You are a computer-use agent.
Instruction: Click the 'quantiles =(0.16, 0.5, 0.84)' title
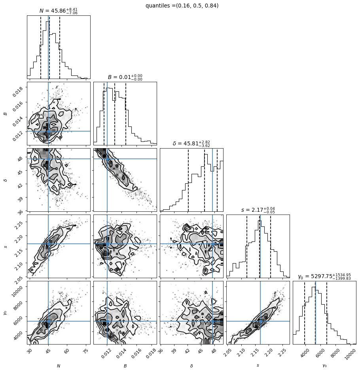click(x=182, y=6)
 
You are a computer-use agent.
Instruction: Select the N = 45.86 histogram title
click(x=58, y=11)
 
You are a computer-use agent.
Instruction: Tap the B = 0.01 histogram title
click(x=125, y=77)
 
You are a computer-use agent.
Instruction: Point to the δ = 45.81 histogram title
click(x=191, y=144)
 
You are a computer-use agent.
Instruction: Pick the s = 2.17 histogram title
click(x=258, y=210)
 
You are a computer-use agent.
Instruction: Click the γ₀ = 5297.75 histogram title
click(x=324, y=276)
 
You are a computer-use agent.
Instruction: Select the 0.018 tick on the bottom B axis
click(x=150, y=353)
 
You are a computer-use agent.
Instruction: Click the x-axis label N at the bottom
click(x=59, y=366)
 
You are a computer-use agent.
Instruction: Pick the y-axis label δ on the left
click(x=6, y=180)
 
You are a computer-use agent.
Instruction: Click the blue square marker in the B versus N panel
click(x=48, y=131)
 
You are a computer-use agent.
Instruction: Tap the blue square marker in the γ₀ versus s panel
click(x=260, y=321)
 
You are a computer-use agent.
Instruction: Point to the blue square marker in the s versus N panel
click(x=48, y=244)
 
